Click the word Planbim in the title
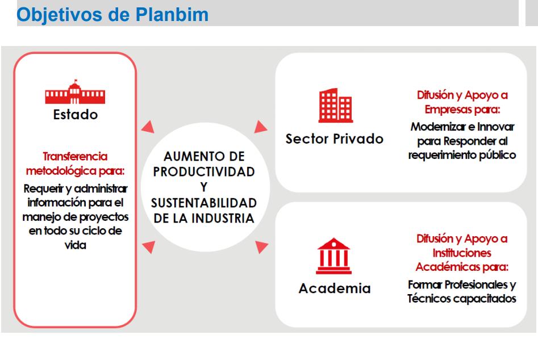coord(172,14)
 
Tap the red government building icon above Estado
coord(75,91)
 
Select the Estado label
coord(76,115)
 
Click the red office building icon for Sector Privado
coord(336,105)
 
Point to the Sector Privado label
coord(335,139)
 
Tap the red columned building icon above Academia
coord(333,256)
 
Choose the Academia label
coord(335,288)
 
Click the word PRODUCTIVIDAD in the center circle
coord(204,172)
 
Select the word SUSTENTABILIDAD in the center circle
coord(204,203)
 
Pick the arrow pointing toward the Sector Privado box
coord(260,127)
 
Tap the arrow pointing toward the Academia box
coord(261,246)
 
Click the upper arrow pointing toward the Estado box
coord(148,127)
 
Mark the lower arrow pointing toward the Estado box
coord(149,247)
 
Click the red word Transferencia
coord(75,156)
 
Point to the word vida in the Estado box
coord(76,245)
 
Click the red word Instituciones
coord(462,253)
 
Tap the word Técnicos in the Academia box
coord(429,298)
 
